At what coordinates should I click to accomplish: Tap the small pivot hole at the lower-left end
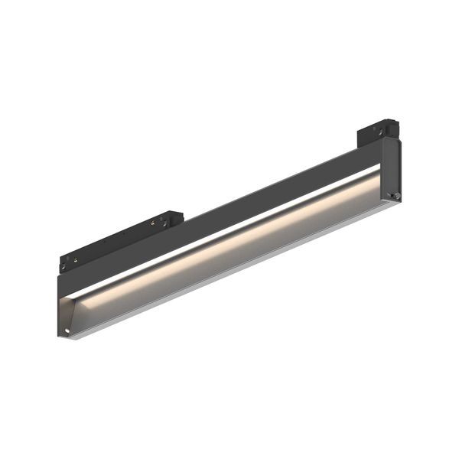[x=68, y=330]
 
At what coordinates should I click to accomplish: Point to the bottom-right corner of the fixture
[x=401, y=203]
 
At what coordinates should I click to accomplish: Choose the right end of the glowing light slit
[x=379, y=169]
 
